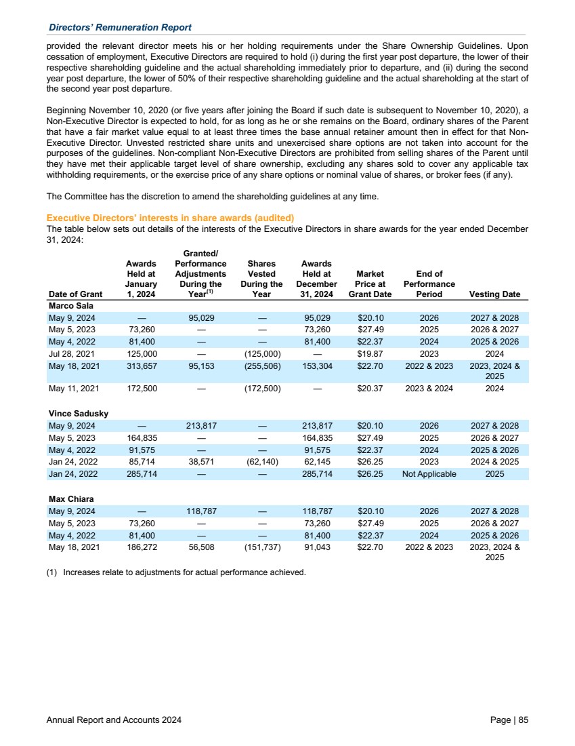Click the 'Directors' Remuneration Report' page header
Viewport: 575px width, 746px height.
pyautogui.click(x=120, y=27)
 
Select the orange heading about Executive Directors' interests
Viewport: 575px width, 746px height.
pyautogui.click(x=170, y=218)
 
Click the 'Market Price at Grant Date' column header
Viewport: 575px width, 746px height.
pyautogui.click(x=370, y=284)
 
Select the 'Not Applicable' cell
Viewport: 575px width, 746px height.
pyautogui.click(x=429, y=473)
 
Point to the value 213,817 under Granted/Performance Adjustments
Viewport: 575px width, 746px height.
pyautogui.click(x=200, y=425)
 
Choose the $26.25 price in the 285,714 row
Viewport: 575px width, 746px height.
pyautogui.click(x=370, y=473)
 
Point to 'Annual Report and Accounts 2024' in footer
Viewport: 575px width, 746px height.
pyautogui.click(x=114, y=720)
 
